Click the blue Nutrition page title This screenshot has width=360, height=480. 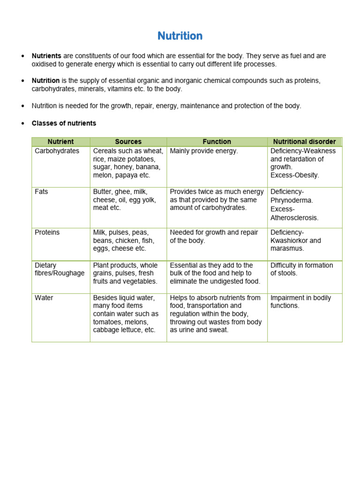tap(180, 36)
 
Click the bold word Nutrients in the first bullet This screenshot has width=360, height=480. tap(46, 56)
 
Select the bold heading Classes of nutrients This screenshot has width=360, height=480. tap(64, 123)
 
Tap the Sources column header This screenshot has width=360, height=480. tap(128, 142)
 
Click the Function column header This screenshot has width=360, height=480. tap(217, 142)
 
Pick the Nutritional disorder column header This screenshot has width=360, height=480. tap(304, 142)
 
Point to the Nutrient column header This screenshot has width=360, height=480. tap(60, 142)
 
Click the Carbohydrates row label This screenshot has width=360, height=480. tap(57, 151)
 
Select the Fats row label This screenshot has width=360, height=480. tap(41, 192)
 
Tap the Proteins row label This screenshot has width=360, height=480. tap(47, 232)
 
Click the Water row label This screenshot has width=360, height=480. tap(44, 298)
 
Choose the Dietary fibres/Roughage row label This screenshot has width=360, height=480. tap(60, 269)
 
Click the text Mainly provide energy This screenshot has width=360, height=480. tap(204, 151)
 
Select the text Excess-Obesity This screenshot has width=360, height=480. tap(294, 175)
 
